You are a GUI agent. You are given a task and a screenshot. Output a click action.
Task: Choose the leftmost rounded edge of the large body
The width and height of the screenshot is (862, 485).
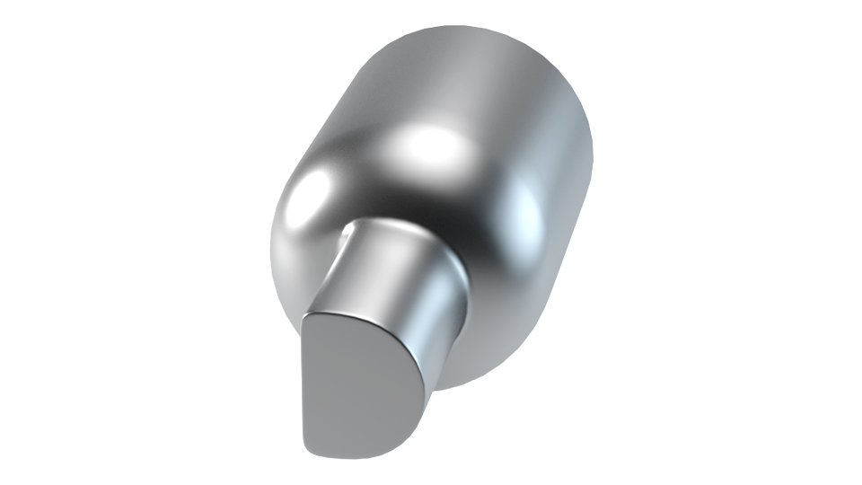270,242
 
